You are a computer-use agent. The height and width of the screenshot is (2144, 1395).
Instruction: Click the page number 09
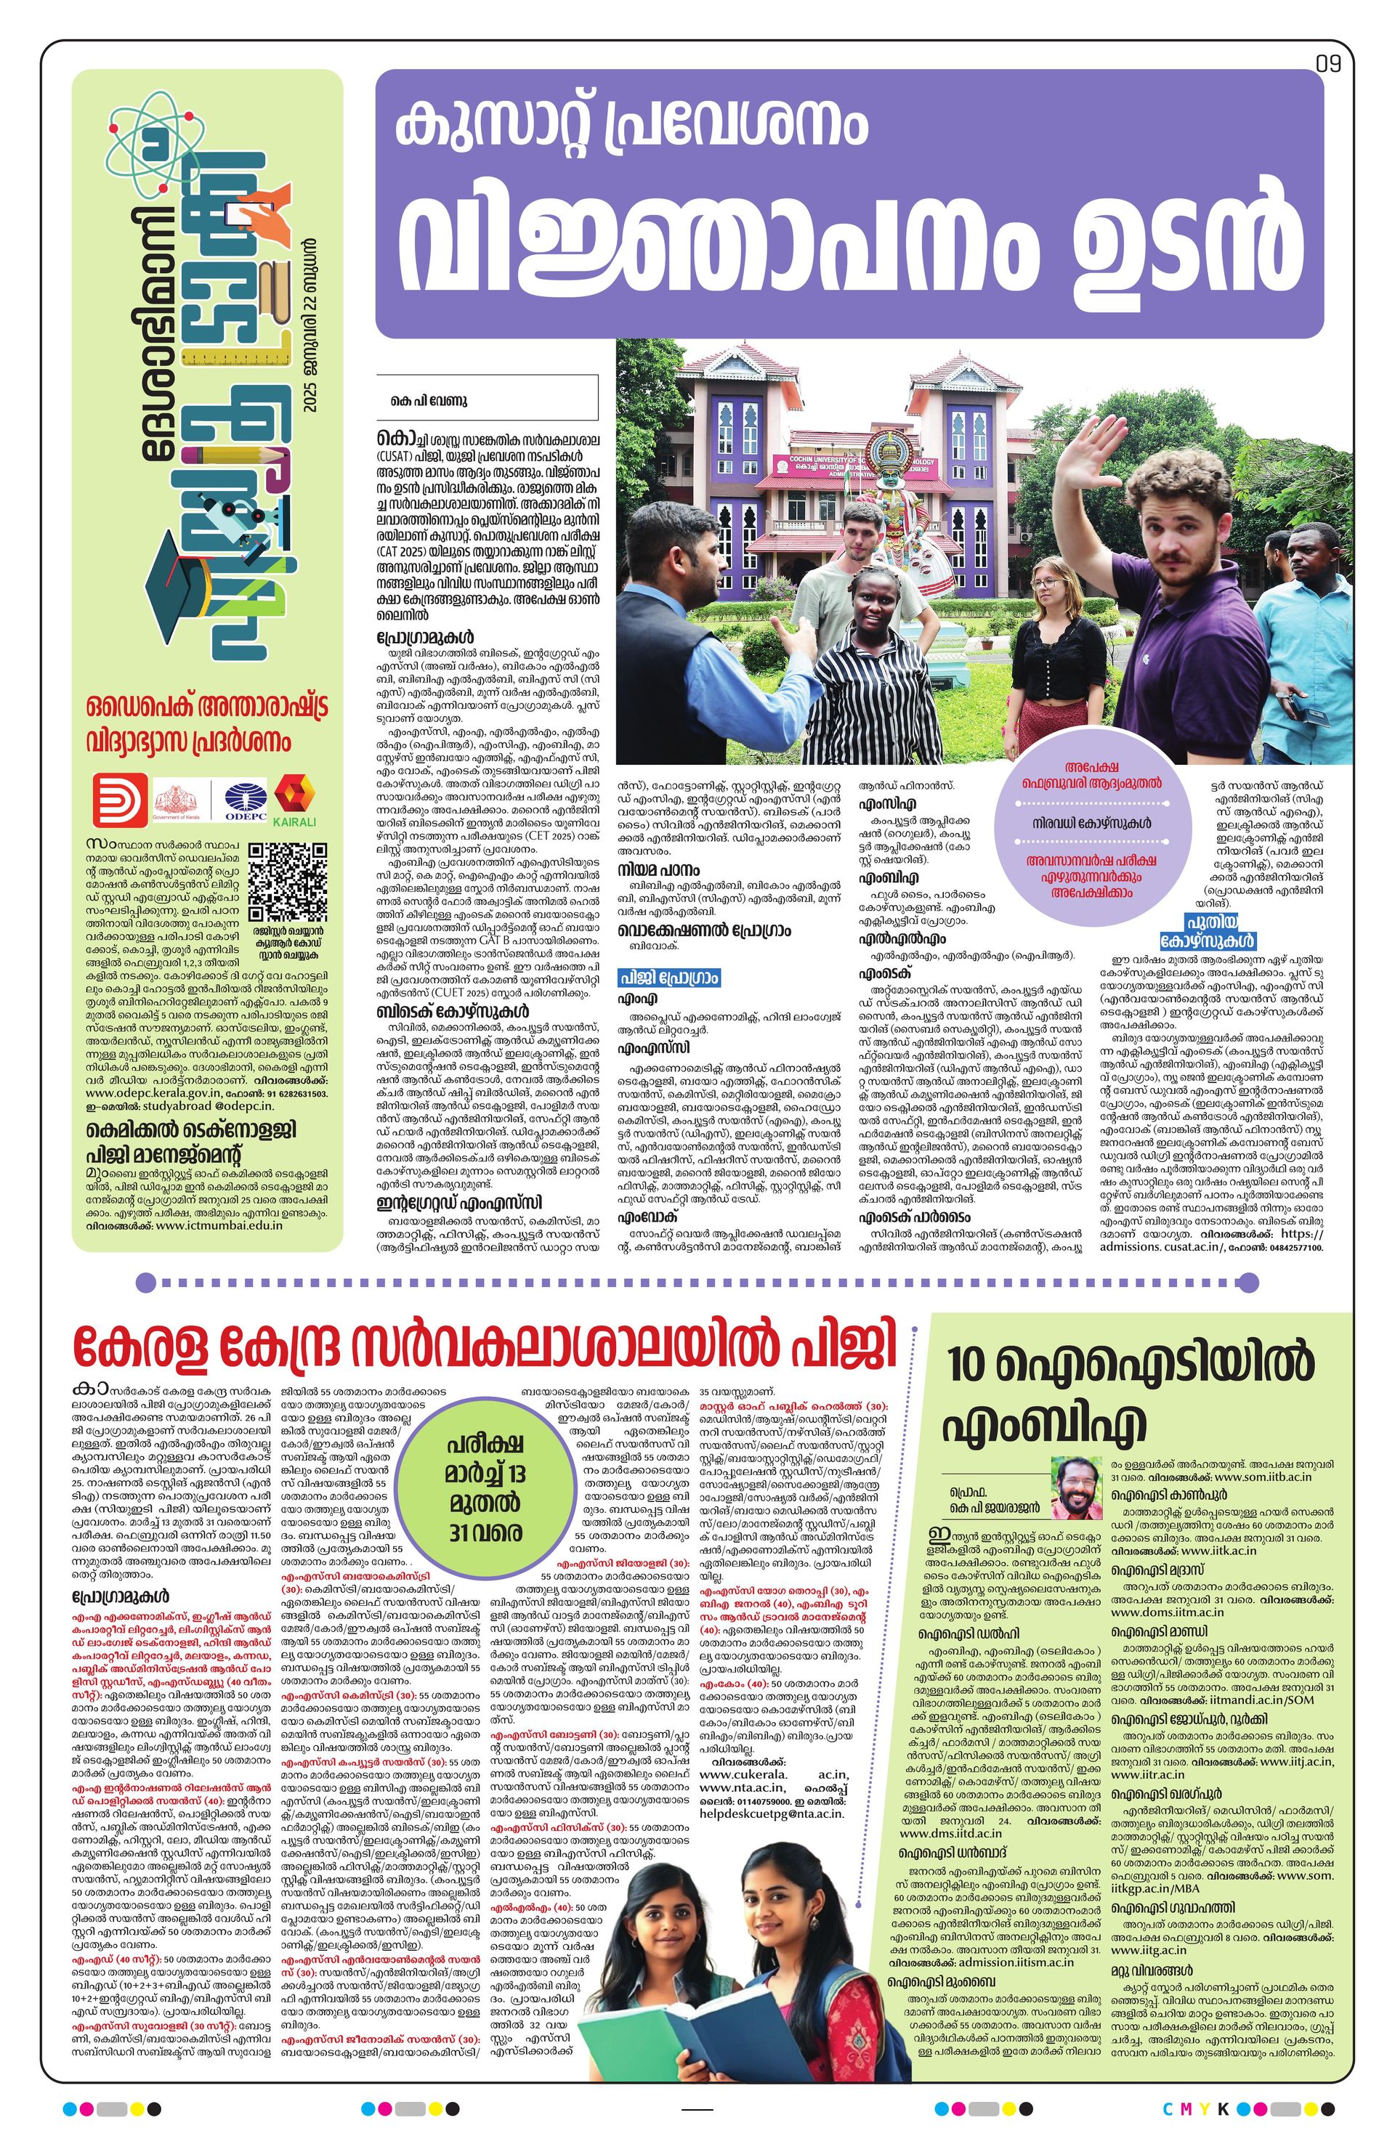tap(1328, 64)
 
